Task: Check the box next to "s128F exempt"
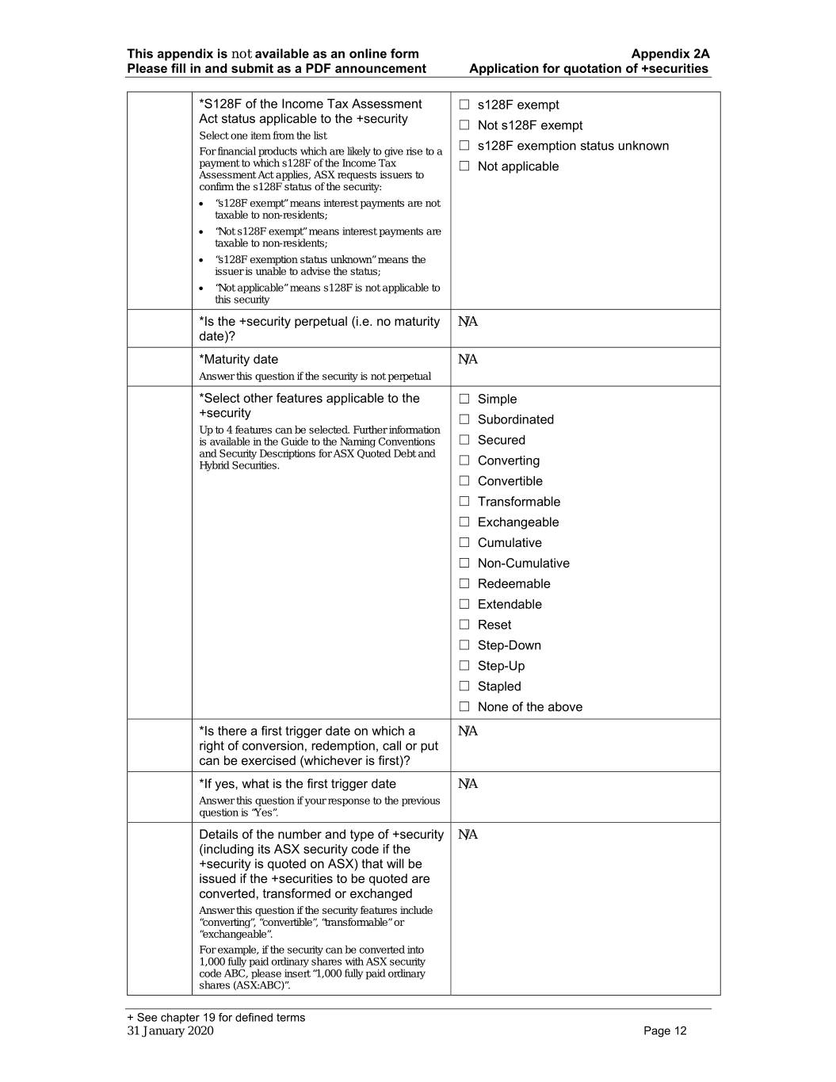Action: coord(464,105)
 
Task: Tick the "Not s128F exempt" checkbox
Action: coord(464,125)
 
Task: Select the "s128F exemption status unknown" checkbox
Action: coord(464,146)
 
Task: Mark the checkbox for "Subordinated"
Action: coord(464,419)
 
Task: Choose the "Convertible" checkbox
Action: coord(464,481)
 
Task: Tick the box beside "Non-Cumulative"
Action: coord(464,563)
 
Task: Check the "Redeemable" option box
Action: coord(464,583)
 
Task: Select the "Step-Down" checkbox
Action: coord(464,645)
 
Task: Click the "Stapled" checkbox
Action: coord(464,686)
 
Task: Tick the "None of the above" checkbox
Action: coord(464,707)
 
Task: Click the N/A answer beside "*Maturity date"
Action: coord(468,360)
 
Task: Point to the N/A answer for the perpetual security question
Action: coord(468,322)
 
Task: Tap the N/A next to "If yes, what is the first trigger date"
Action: coord(468,784)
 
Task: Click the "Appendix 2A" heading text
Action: coord(670,54)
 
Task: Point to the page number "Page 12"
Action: coord(665,1031)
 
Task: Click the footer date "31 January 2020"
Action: coord(170,1031)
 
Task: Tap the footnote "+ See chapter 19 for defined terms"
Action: coord(216,1018)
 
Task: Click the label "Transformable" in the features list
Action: coord(518,502)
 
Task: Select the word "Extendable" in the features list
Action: coord(510,604)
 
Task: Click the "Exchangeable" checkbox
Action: coord(464,522)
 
